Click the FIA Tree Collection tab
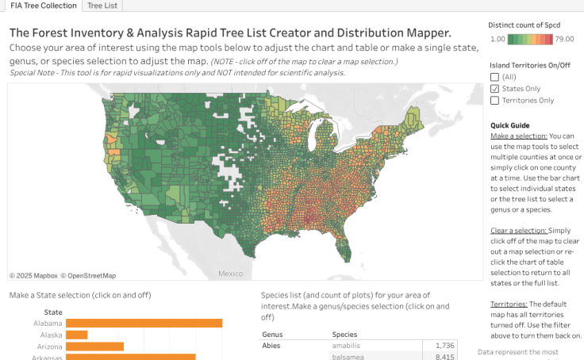pos(39,6)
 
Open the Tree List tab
pos(102,6)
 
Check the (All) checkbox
pos(495,77)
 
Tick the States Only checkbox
pos(495,89)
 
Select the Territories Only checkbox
pos(495,101)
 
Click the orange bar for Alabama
pos(144,324)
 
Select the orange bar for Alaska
pos(76,335)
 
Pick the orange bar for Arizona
pos(94,347)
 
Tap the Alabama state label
pos(48,324)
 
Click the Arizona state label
pos(48,347)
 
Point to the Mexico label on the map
pos(230,274)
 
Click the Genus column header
pos(273,335)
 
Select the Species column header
pos(344,335)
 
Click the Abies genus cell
pos(273,346)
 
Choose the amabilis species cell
pos(348,346)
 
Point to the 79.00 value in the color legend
pos(564,38)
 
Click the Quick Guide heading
pos(509,125)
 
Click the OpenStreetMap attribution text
pos(91,276)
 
